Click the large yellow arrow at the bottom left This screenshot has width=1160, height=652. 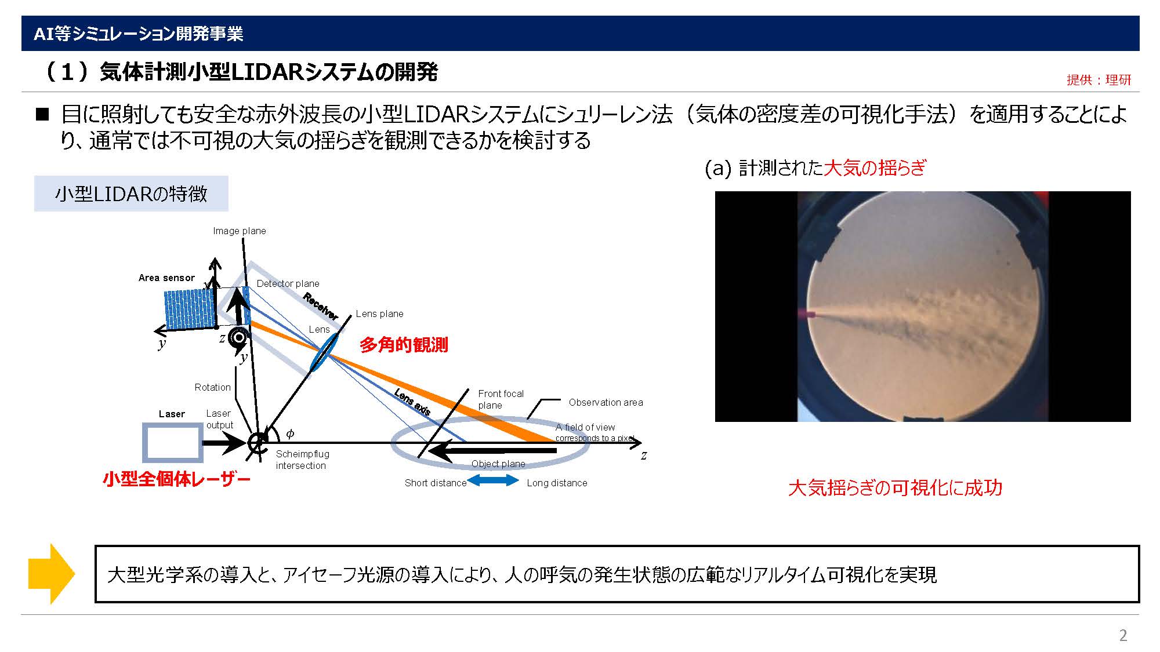52,574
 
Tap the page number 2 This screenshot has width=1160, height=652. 1123,635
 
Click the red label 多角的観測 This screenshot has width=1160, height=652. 404,345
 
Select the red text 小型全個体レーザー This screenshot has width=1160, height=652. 176,479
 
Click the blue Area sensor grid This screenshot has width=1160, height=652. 190,309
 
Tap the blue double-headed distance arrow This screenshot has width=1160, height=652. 493,480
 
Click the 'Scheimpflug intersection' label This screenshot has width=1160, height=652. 302,460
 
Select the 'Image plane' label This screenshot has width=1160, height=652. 240,231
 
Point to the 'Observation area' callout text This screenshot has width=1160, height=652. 606,402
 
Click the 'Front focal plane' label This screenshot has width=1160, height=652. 501,399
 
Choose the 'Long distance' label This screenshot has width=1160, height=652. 557,483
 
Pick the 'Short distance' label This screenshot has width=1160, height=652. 436,483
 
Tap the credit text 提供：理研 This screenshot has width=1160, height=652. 1099,80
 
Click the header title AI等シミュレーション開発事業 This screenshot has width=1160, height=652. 138,34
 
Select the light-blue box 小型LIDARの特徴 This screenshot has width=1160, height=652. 131,194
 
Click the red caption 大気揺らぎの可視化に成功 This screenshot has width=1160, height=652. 895,488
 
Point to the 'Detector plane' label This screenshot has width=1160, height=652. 288,283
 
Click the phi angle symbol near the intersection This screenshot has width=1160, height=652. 290,434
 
